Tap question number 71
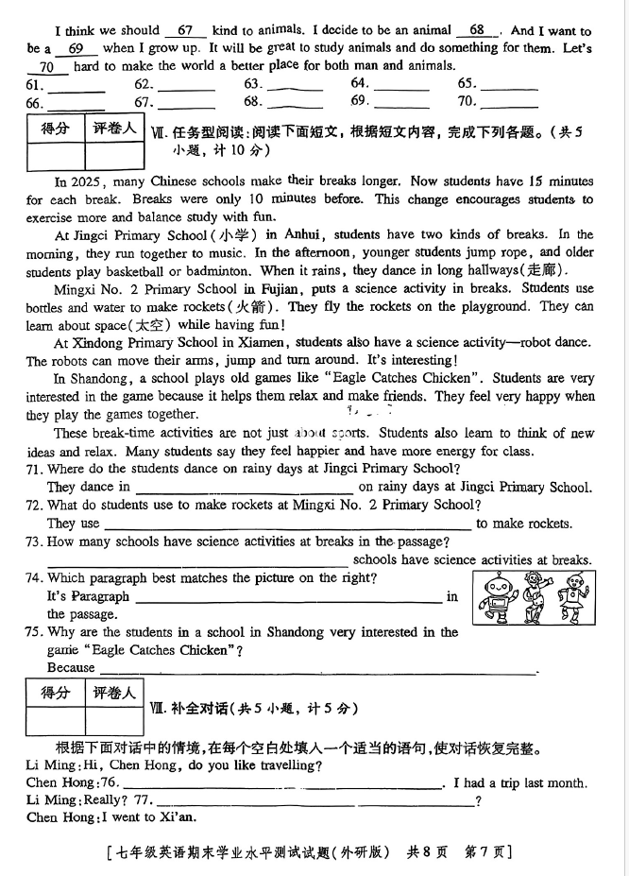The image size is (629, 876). point(35,469)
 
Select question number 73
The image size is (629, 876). point(35,541)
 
